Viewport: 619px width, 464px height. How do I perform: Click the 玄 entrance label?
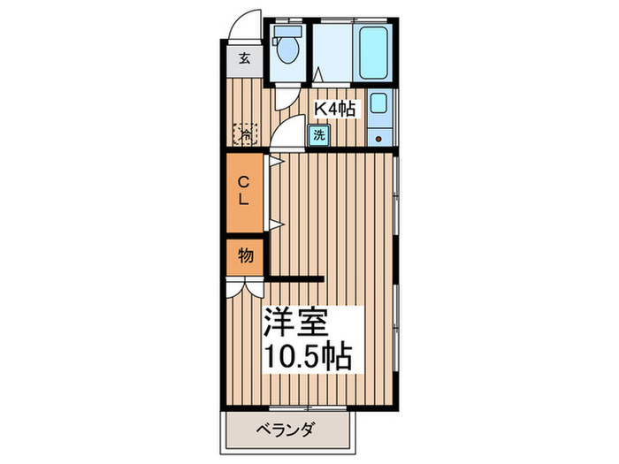[244, 61]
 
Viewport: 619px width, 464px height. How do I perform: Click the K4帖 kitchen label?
[336, 109]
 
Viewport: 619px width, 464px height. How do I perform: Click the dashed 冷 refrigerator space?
[244, 134]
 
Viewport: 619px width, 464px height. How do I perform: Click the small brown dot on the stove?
[378, 138]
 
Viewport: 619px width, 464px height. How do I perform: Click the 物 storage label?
[245, 256]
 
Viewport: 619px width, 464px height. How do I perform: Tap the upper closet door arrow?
[275, 162]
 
